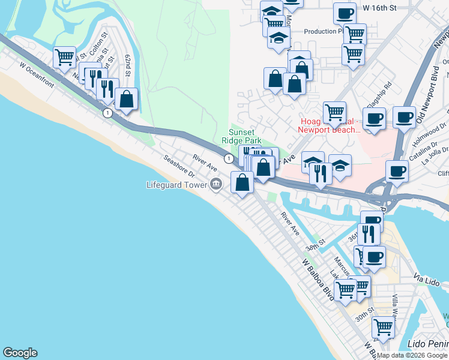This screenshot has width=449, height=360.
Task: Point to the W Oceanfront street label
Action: point(37,76)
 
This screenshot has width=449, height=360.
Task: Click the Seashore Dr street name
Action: point(180,167)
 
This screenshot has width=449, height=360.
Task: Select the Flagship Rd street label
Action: point(381,93)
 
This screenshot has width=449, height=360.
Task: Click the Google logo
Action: point(20,353)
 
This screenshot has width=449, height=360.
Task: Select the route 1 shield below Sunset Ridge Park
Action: point(229,158)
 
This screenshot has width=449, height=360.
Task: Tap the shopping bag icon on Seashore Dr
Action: point(242,181)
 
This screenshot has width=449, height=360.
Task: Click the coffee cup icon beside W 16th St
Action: point(345,13)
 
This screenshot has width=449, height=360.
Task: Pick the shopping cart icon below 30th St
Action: point(382,328)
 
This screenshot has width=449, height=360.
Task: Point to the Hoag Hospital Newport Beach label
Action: point(330,125)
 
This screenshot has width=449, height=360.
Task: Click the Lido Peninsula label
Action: point(427,344)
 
